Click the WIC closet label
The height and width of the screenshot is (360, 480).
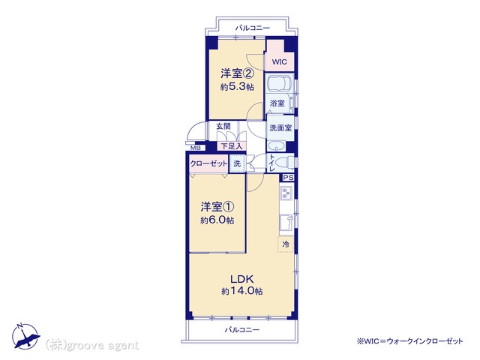tap(280, 61)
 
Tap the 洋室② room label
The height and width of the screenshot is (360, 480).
tap(237, 73)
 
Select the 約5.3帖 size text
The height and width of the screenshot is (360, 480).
tap(237, 87)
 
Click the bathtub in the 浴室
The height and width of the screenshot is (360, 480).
tap(279, 82)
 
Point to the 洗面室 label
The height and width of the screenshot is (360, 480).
tap(280, 128)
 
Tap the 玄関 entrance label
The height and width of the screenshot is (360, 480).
tap(223, 126)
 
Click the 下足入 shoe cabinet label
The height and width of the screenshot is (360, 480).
tap(232, 146)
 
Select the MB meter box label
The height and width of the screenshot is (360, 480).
tap(196, 148)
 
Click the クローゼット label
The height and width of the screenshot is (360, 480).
tap(208, 163)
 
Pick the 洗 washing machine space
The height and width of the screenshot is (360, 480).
tap(237, 163)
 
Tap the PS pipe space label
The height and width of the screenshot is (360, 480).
tap(288, 178)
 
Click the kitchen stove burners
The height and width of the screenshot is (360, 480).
tap(286, 193)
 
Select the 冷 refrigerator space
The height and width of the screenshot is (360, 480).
tap(286, 244)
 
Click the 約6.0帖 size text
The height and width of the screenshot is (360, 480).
tap(217, 220)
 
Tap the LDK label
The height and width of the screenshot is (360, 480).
tap(241, 279)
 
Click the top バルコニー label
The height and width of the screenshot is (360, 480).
tap(253, 28)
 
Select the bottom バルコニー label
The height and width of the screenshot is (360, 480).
tap(242, 330)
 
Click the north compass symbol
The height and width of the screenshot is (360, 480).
tap(25, 336)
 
